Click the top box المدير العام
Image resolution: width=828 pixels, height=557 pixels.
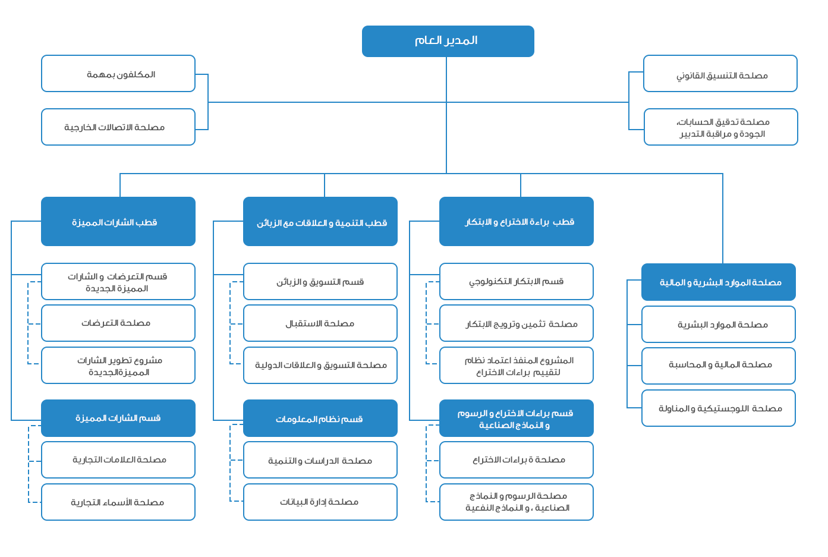(x=448, y=41)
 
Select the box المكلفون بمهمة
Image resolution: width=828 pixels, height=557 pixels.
(x=118, y=74)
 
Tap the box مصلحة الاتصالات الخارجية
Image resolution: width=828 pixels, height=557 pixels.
(x=118, y=127)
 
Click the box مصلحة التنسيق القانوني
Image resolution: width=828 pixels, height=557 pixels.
(x=720, y=74)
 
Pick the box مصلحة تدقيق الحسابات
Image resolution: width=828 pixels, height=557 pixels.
(x=721, y=127)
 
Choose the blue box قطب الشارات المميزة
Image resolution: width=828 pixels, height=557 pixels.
(x=118, y=221)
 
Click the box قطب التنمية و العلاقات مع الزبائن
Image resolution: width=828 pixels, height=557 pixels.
(x=320, y=221)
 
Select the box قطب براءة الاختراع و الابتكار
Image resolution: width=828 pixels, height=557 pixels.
(x=517, y=221)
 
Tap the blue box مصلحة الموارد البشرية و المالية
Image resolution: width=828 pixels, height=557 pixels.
(x=719, y=282)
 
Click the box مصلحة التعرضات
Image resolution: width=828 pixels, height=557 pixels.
(x=118, y=323)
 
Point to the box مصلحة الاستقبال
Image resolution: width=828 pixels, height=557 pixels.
(x=320, y=323)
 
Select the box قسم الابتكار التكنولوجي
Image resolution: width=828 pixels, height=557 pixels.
(x=517, y=281)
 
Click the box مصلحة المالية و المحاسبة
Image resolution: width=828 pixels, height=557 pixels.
(x=719, y=366)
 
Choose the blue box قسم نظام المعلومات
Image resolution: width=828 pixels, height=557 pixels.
(x=320, y=418)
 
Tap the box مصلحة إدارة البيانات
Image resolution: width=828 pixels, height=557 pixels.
(x=320, y=502)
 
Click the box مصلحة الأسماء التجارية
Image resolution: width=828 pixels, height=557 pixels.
(x=118, y=502)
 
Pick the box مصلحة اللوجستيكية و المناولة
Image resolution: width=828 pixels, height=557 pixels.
(x=719, y=408)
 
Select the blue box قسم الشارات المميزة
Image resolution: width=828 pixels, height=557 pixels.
(x=118, y=418)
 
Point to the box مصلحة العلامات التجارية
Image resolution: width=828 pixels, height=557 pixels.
(x=118, y=460)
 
